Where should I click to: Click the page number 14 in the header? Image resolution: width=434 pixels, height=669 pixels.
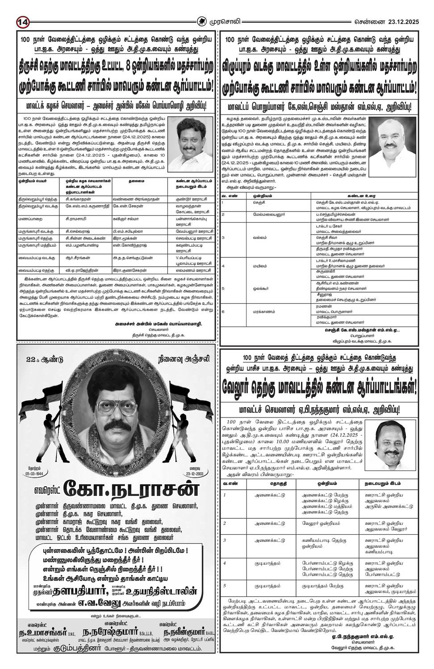23,21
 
